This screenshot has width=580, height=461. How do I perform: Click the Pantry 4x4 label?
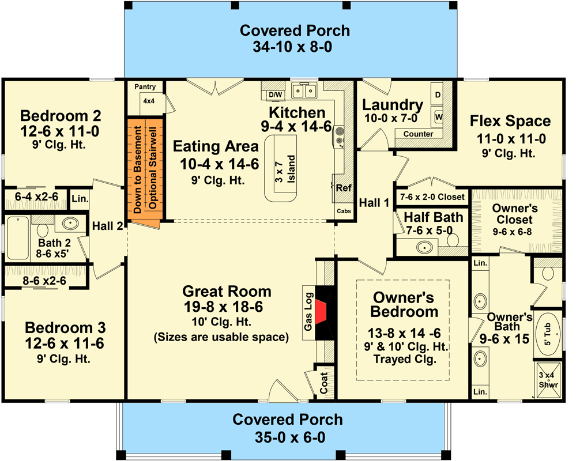(x=145, y=93)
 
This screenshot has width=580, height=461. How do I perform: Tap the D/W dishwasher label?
(x=275, y=95)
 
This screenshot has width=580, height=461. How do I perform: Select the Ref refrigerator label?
(x=344, y=188)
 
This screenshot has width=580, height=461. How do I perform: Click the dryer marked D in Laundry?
(x=438, y=94)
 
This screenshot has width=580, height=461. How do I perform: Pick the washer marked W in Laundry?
(x=439, y=117)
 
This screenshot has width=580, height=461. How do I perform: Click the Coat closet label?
(x=324, y=382)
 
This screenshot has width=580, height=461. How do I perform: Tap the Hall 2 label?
(x=108, y=226)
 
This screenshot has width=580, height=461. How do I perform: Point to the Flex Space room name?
(x=510, y=122)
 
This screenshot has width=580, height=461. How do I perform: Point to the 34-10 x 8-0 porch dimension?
(x=295, y=47)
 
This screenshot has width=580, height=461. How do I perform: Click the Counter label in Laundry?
(x=418, y=134)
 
